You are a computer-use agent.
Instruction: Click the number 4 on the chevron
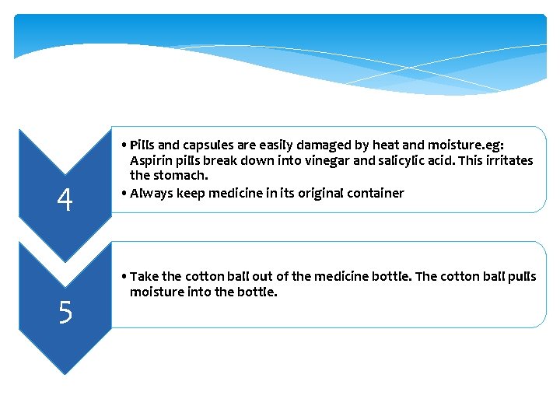[x=65, y=201]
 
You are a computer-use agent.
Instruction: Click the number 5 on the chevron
[x=65, y=313]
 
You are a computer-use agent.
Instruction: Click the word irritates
[x=506, y=160]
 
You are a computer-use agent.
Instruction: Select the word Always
[x=151, y=193]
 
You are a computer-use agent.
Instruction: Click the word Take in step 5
[x=144, y=276]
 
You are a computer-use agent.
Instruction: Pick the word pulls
[x=520, y=276]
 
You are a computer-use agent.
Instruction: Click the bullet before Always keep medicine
[x=124, y=193]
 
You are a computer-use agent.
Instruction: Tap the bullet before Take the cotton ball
[x=124, y=277]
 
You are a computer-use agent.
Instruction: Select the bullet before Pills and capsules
[x=124, y=145]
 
